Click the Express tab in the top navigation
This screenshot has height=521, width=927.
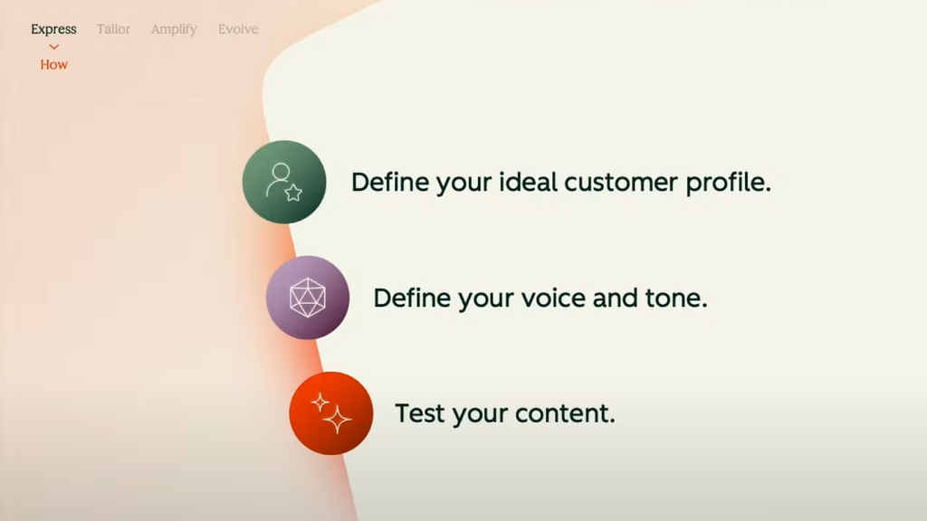point(53,30)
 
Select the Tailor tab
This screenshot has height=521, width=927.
point(113,29)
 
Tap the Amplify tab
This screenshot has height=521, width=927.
point(174,30)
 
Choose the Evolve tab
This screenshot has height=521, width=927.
point(238,29)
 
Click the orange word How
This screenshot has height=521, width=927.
point(53,64)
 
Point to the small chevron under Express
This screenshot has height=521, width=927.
point(53,47)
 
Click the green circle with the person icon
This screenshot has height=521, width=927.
point(284,182)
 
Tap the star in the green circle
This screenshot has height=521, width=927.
point(294,193)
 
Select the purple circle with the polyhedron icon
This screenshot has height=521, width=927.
point(308,298)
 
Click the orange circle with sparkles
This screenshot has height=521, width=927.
point(331,413)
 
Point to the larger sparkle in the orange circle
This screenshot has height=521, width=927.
point(338,419)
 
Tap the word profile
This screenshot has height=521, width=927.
point(729,183)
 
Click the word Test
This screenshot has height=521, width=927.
point(420,412)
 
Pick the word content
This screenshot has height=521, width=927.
point(565,413)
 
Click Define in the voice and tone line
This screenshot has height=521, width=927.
point(412,298)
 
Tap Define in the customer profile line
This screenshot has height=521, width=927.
point(389,182)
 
